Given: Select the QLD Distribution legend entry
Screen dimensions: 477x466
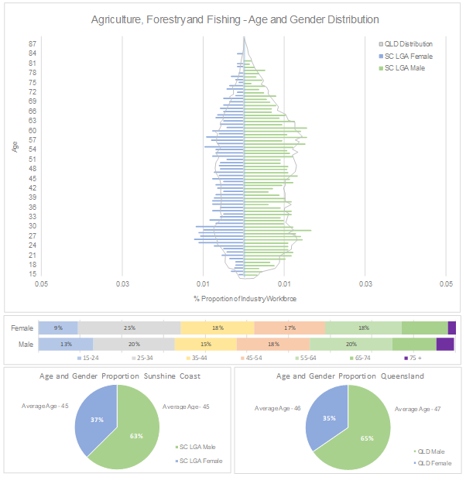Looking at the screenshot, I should [408, 44].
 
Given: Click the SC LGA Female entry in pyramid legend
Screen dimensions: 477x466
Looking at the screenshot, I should [408, 57].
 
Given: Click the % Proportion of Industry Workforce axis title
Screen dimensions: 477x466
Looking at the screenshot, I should [245, 299].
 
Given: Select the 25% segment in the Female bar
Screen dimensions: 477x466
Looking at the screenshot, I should [129, 328].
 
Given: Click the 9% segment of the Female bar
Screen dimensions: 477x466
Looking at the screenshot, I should [58, 328].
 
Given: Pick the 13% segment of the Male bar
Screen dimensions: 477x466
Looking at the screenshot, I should [66, 344].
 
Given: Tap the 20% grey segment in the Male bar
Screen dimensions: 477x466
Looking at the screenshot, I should [134, 344].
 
